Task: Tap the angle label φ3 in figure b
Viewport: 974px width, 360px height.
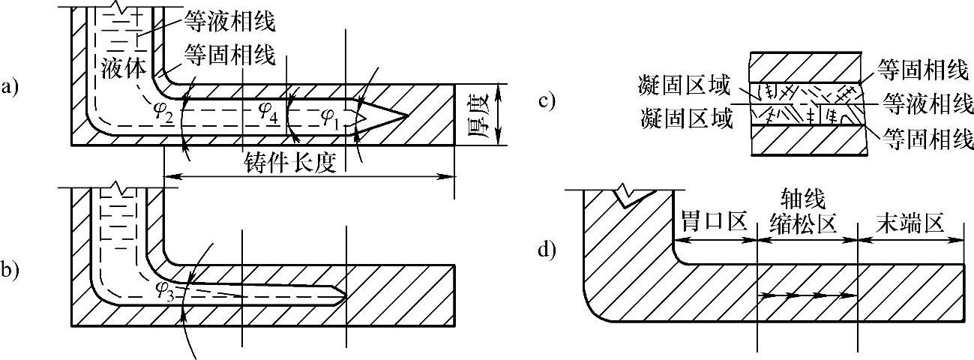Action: point(166,290)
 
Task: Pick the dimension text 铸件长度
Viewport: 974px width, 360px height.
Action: point(292,161)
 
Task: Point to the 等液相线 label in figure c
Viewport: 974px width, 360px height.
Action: point(927,103)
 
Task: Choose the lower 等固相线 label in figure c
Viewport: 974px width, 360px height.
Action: point(927,137)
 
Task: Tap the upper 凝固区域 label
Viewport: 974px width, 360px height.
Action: point(684,88)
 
